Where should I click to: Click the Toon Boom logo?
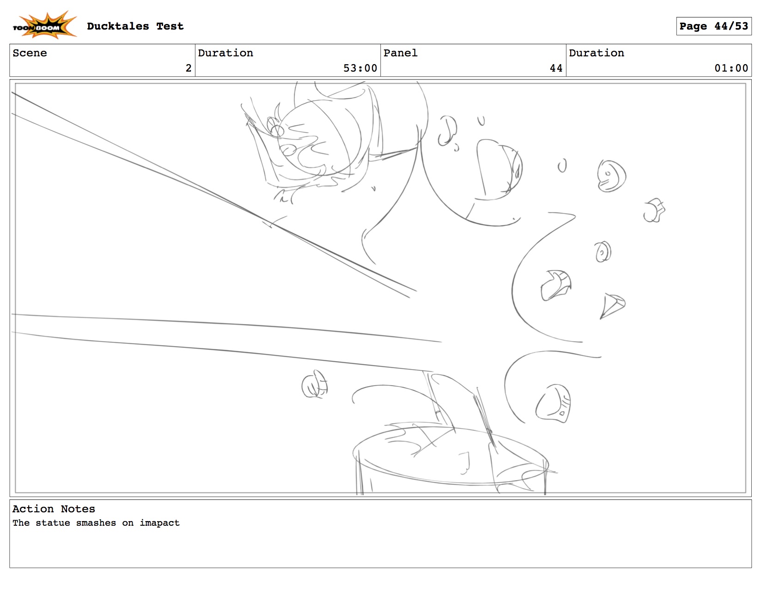pos(44,24)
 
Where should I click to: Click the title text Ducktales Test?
pos(135,26)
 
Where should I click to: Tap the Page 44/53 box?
pos(713,26)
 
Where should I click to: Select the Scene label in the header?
pos(30,53)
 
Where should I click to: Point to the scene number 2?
pos(189,68)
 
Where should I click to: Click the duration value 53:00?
pos(359,68)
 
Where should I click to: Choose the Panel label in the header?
pos(400,53)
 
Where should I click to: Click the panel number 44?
pos(556,68)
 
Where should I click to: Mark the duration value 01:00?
pos(731,68)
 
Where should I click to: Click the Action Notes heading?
pos(54,509)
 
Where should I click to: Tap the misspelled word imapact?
pos(160,523)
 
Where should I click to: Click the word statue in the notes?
pos(53,523)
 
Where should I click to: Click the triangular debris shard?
pos(611,305)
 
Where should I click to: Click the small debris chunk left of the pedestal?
pos(314,384)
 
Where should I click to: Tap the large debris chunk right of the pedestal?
pos(554,403)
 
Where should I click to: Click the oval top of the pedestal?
pos(451,455)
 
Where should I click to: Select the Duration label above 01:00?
pos(596,53)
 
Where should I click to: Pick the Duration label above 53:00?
pos(225,53)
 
